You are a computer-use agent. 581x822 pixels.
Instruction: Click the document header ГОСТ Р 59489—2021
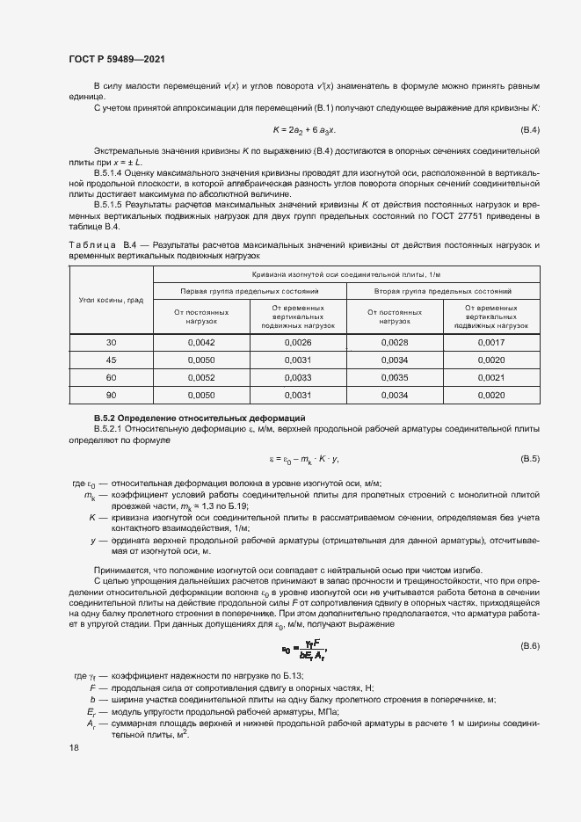[x=117, y=59]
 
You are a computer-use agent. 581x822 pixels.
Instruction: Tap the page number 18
[x=73, y=747]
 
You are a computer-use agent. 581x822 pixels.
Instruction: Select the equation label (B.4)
[x=530, y=130]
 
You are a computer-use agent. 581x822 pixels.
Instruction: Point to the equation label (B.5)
[x=530, y=459]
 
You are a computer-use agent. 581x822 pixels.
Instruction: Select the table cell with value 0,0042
[x=201, y=342]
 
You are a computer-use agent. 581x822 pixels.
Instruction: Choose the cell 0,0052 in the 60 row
[x=201, y=377]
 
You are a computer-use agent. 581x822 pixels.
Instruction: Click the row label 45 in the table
[x=111, y=360]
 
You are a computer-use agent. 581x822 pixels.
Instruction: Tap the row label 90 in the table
[x=111, y=395]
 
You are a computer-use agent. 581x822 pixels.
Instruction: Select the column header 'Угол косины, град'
[x=111, y=300]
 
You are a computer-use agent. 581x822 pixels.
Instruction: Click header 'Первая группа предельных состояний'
[x=251, y=290]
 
